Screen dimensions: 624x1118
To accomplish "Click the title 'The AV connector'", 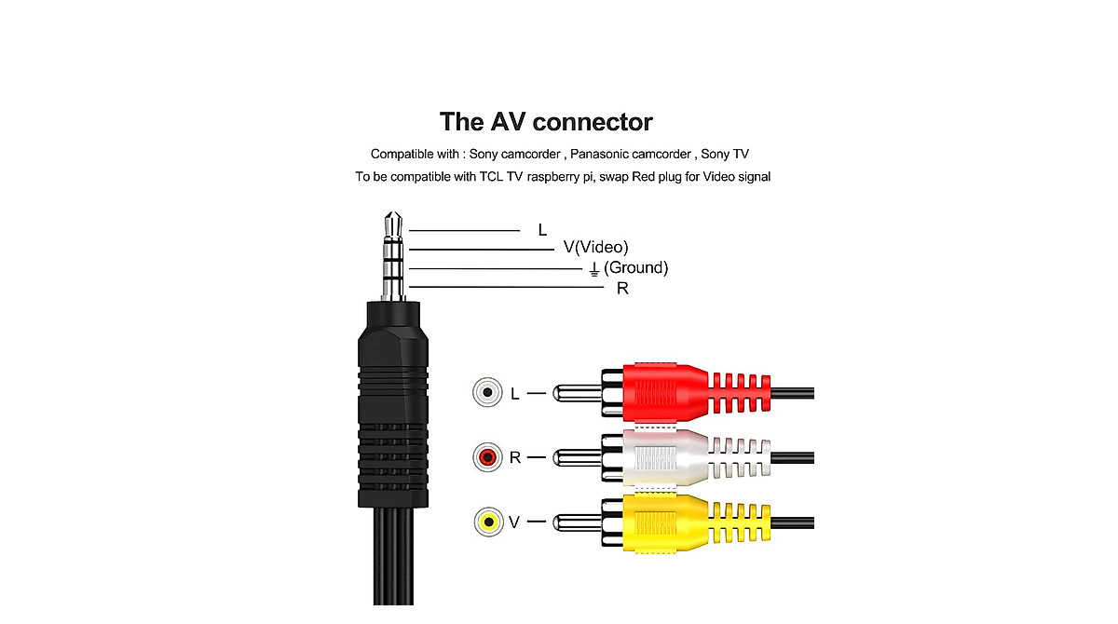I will pos(546,122).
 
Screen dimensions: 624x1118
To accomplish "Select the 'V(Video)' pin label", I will pos(596,247).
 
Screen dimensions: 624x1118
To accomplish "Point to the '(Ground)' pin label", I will pos(636,268).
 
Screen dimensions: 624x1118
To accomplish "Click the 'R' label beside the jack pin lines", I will pos(622,289).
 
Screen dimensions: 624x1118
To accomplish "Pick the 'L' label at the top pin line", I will pos(542,230).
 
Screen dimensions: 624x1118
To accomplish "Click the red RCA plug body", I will pos(666,391).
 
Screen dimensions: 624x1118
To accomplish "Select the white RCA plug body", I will pos(666,457).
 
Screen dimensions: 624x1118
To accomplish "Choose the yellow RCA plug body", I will pos(666,522).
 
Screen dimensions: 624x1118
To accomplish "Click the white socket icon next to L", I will pos(486,392).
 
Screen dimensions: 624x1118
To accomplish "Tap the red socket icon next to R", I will pos(486,457).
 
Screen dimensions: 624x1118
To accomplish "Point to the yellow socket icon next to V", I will pos(486,522).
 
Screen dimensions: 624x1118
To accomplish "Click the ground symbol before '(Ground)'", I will pos(593,269).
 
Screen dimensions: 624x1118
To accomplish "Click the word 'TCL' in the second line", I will pos(491,176).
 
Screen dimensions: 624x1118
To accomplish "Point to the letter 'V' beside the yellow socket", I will pos(514,522).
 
